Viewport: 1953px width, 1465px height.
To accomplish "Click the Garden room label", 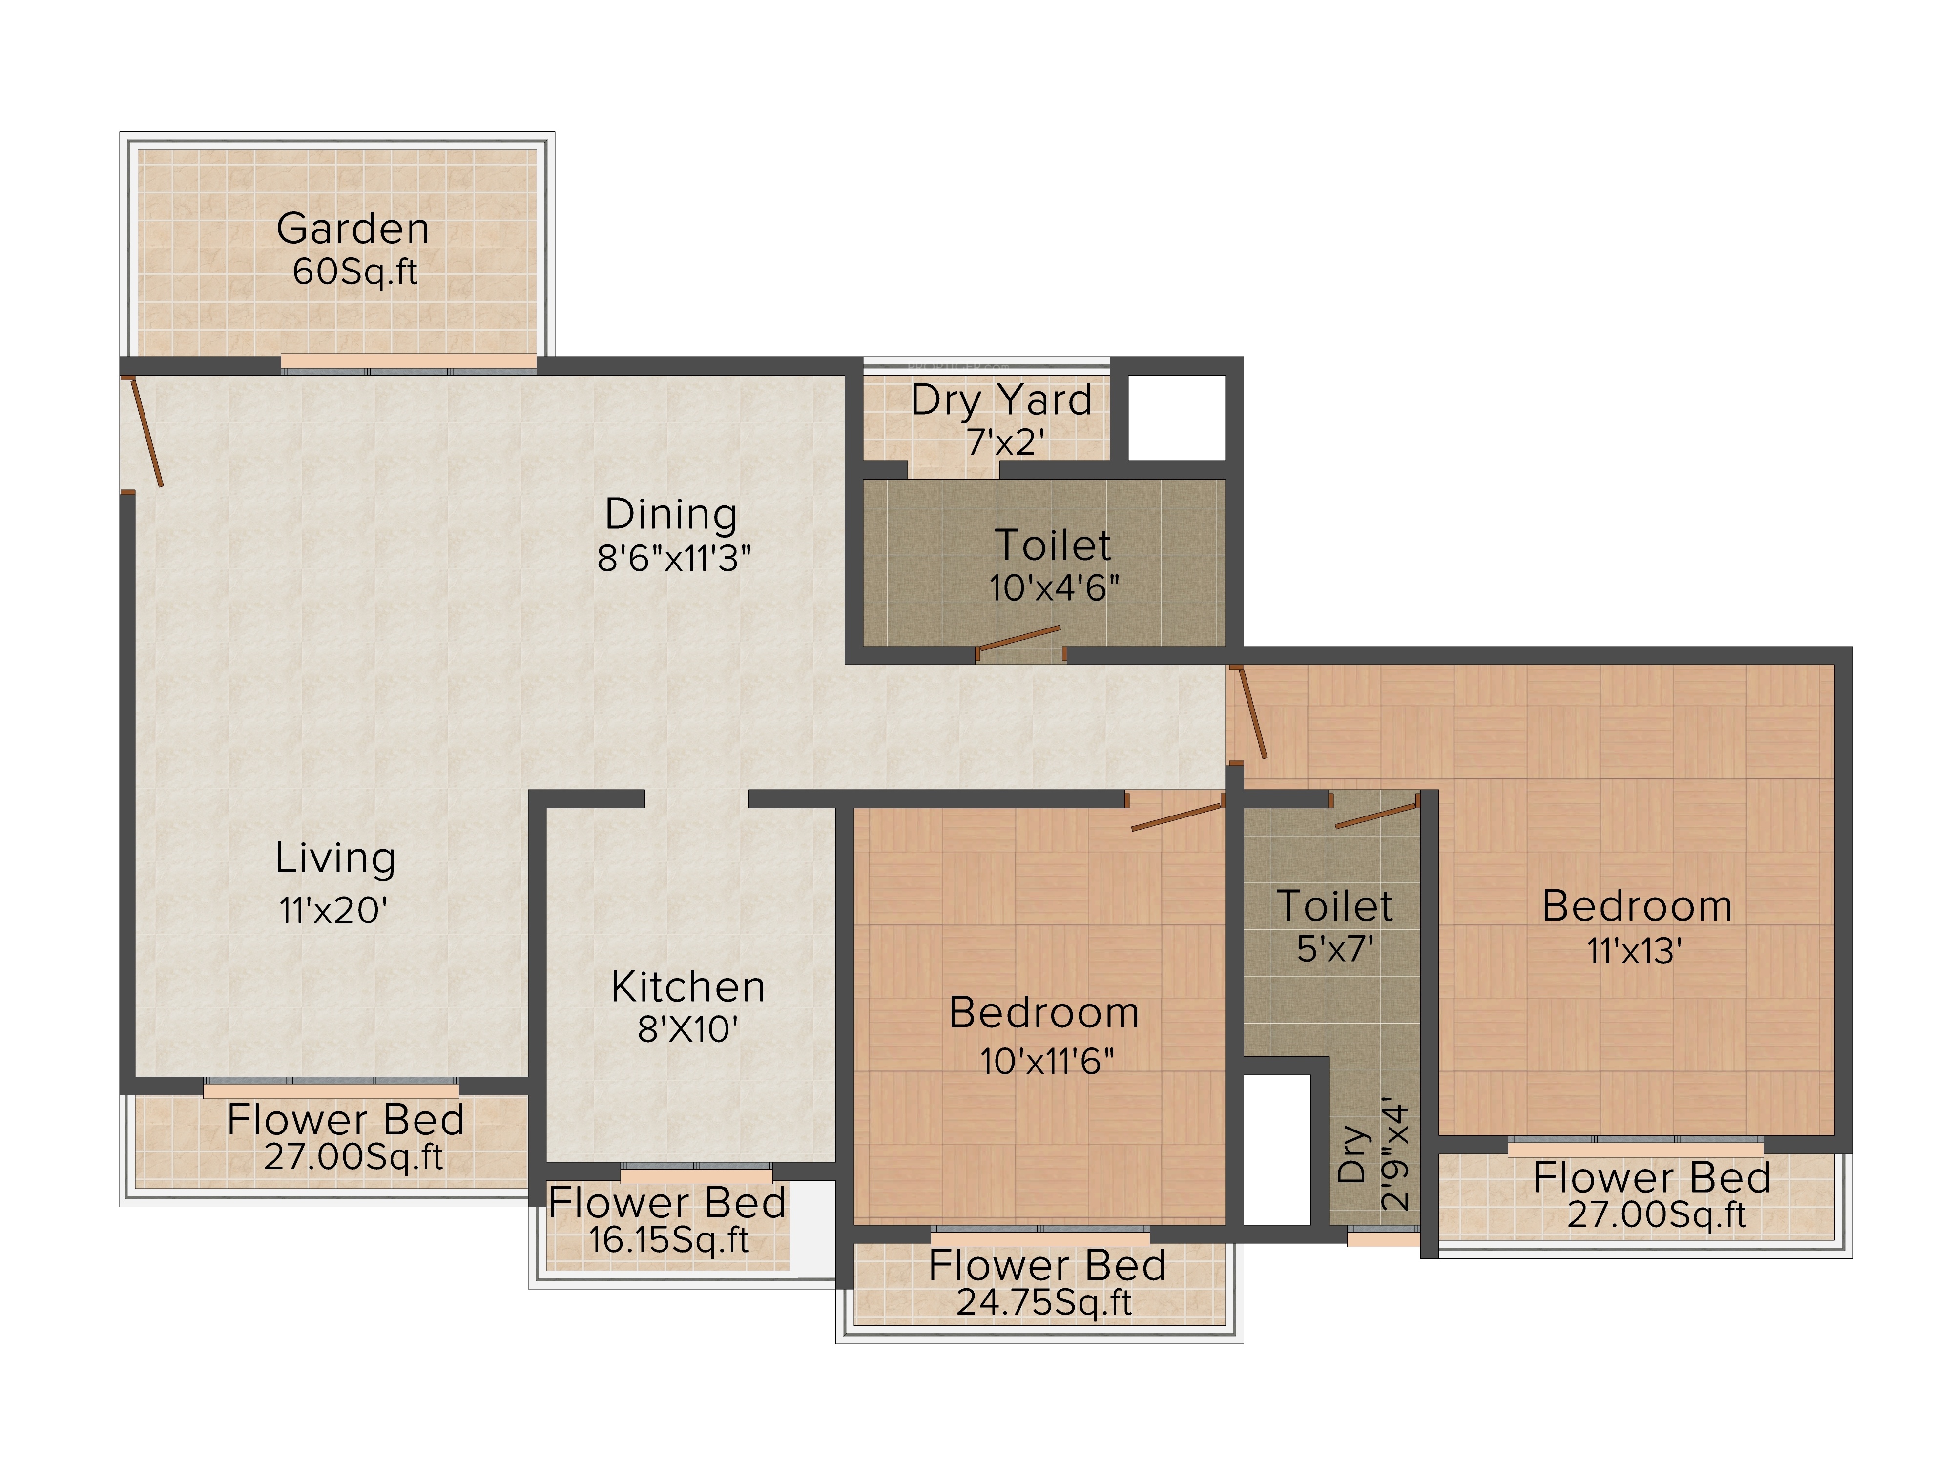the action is [353, 229].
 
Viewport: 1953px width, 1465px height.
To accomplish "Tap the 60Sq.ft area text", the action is [355, 271].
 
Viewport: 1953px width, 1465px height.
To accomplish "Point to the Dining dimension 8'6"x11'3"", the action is [674, 558].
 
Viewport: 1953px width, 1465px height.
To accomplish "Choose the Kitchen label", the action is [688, 986].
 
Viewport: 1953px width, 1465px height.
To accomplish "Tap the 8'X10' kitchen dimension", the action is [688, 1029].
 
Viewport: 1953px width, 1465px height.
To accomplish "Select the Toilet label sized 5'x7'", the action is [1335, 906].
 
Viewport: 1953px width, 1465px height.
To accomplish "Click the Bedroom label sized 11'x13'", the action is [1637, 907].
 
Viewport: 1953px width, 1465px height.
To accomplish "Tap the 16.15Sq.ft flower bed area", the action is [668, 1240].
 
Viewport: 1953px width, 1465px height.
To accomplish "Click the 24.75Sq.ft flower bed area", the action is [1044, 1301].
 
